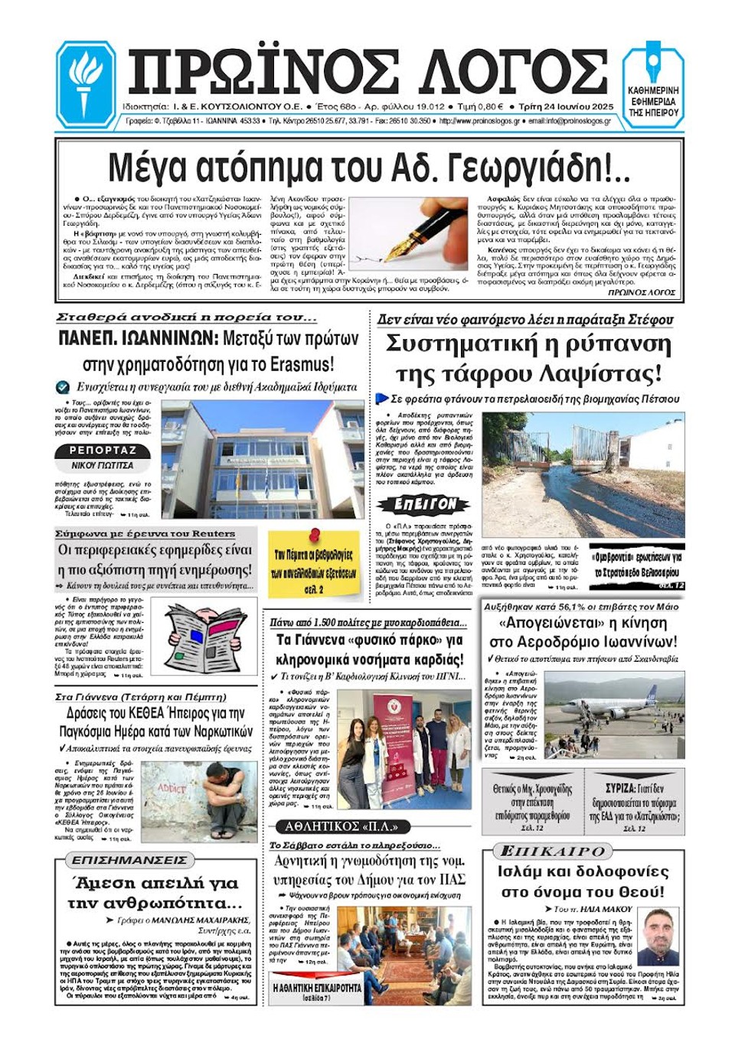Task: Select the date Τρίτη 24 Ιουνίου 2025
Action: (x=566, y=106)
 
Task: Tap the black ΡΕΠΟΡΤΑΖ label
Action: (x=103, y=451)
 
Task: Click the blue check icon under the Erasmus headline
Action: (x=63, y=387)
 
